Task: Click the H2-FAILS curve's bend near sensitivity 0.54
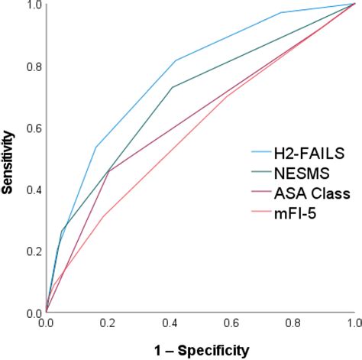coord(95,147)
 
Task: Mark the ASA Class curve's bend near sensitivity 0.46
coord(108,171)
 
